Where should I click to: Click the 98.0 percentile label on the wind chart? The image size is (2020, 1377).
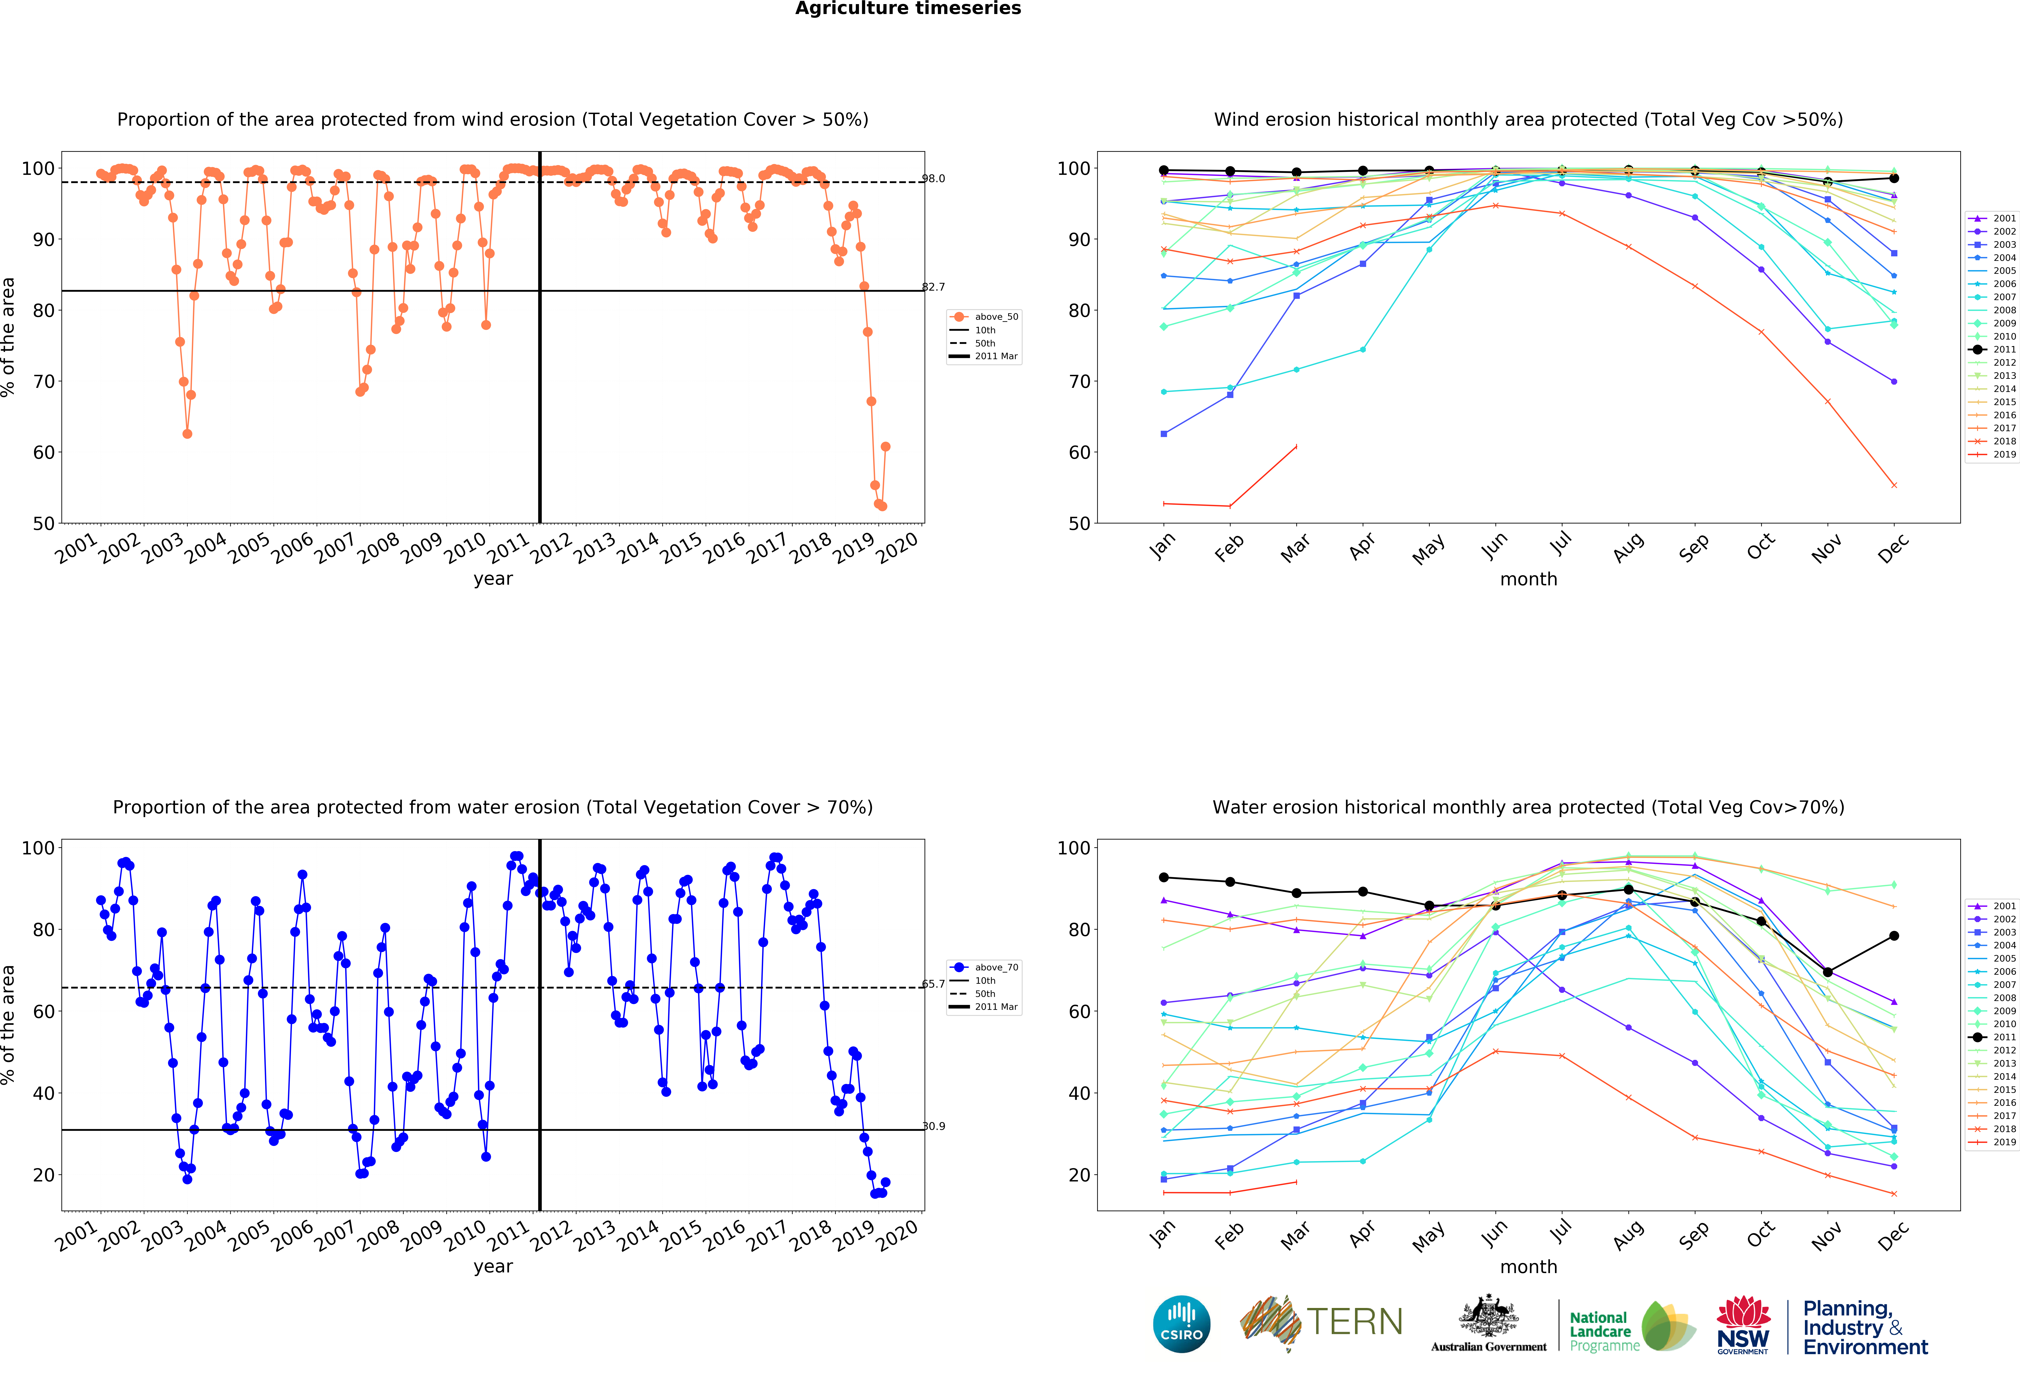(934, 179)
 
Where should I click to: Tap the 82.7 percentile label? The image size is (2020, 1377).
(934, 287)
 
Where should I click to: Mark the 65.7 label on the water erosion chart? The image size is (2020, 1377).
(934, 984)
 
